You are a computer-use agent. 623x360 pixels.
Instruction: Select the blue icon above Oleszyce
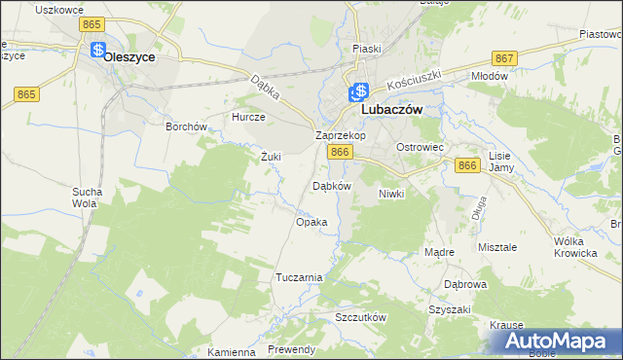tap(97, 49)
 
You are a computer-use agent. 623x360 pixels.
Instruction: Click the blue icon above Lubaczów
tap(357, 93)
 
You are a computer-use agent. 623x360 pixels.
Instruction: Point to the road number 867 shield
tap(504, 59)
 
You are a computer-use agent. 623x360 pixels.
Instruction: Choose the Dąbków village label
tap(330, 186)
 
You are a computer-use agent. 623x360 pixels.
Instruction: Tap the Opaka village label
tap(311, 222)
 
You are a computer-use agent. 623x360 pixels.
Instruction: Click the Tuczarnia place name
tap(299, 277)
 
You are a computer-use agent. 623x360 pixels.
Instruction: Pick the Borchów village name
tap(186, 126)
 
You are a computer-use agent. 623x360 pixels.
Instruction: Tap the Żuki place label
tap(271, 156)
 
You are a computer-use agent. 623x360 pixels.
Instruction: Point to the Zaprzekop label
tap(340, 136)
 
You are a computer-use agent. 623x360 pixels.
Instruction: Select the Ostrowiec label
tap(420, 146)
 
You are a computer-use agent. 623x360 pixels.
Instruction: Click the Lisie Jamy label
tap(500, 162)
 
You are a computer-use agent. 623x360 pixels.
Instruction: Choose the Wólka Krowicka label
tap(574, 247)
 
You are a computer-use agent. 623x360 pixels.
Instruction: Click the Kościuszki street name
tap(414, 85)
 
